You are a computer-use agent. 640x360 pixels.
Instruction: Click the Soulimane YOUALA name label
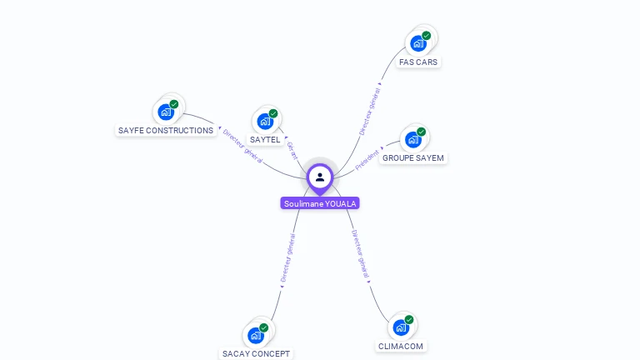click(320, 203)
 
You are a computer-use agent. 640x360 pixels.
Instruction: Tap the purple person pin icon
click(320, 177)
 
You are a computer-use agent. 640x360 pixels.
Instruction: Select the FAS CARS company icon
click(418, 42)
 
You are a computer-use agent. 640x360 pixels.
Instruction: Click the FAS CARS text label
click(418, 62)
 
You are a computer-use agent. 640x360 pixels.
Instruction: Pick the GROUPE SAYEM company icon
click(413, 139)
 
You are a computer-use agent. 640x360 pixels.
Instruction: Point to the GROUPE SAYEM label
click(413, 158)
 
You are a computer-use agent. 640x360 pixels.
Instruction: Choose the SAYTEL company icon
click(265, 121)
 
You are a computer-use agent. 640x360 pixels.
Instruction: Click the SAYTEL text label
click(265, 140)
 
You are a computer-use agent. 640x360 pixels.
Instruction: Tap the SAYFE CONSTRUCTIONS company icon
click(166, 112)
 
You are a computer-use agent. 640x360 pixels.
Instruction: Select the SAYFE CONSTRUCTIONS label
click(166, 131)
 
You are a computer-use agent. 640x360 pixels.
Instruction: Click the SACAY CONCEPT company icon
click(256, 335)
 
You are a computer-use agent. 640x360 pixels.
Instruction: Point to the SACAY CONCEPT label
click(256, 354)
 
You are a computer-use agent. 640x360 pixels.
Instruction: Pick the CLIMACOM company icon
click(401, 327)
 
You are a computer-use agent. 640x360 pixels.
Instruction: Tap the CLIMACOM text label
click(401, 347)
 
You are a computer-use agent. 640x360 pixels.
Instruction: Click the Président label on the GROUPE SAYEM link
click(367, 160)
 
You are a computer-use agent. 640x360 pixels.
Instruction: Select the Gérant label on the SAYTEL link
click(292, 151)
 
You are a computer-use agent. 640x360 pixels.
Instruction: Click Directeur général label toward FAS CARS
click(369, 112)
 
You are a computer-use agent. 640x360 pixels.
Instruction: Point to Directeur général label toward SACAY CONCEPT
click(287, 258)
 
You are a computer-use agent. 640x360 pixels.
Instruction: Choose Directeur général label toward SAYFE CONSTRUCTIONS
click(242, 145)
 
